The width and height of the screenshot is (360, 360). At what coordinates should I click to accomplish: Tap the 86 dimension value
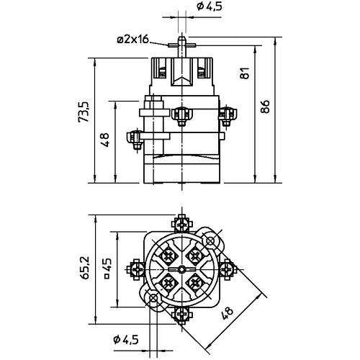point(266,107)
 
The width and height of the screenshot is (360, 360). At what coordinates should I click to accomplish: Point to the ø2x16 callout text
point(132,39)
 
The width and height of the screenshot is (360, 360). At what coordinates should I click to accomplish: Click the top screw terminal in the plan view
point(182,222)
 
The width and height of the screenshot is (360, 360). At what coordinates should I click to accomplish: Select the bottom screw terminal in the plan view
point(182,314)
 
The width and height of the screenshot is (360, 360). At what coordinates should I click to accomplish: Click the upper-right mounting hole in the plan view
point(210,240)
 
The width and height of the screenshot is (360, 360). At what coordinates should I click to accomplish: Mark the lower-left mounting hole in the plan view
point(153,297)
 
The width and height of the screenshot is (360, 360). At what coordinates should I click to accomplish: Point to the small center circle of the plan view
point(181,269)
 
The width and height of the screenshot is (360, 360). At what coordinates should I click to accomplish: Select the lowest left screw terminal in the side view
point(135,138)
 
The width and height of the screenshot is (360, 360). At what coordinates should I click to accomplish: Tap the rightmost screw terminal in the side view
point(228,112)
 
